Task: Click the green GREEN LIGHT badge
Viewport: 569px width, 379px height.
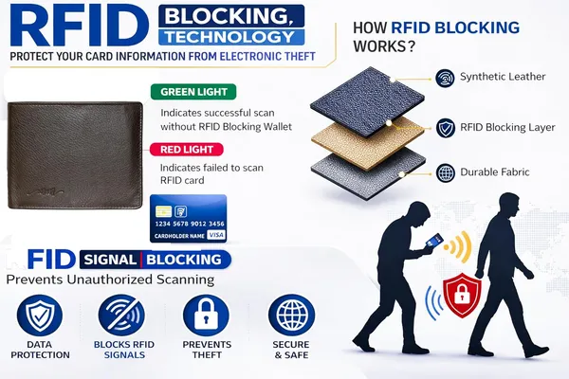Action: tap(193, 92)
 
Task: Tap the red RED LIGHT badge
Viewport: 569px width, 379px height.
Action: tap(187, 150)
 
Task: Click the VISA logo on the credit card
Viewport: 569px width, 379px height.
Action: tap(216, 235)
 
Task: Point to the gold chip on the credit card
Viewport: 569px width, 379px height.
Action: tap(163, 211)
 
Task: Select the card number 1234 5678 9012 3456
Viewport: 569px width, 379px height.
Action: tap(190, 224)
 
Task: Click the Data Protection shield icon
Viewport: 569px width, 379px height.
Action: tap(40, 315)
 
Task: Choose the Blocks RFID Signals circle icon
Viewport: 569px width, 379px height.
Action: tap(121, 315)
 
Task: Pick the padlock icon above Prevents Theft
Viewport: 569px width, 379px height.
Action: tap(206, 315)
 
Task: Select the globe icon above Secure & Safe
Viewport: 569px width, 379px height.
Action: tap(291, 315)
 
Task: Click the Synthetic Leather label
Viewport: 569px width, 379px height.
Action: tap(503, 77)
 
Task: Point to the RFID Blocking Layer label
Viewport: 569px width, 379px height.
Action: tap(507, 127)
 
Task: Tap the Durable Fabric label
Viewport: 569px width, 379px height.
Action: tap(495, 171)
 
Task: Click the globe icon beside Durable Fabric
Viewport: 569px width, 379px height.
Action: tap(446, 173)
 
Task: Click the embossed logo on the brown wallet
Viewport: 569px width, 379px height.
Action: tap(46, 190)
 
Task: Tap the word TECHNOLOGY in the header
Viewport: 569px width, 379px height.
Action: tap(230, 37)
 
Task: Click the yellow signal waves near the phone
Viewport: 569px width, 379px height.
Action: tap(459, 247)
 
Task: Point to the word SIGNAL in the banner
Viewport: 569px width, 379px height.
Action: tap(110, 260)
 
